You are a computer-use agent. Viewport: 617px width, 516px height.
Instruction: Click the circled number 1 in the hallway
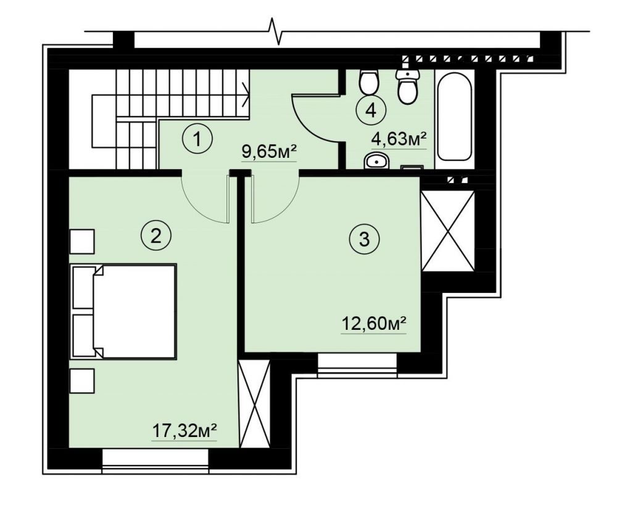[x=197, y=139]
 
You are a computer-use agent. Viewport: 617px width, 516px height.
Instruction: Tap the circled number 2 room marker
[x=156, y=236]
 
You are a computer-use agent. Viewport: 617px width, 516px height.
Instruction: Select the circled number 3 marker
[x=365, y=239]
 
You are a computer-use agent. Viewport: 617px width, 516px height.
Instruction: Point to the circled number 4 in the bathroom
[x=371, y=111]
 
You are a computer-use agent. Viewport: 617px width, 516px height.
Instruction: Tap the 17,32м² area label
[x=184, y=431]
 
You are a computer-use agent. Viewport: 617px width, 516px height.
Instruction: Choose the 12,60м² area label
[x=373, y=324]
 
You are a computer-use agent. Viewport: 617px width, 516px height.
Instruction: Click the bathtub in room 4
[x=455, y=116]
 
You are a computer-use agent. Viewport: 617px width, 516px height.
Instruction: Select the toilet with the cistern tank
[x=407, y=86]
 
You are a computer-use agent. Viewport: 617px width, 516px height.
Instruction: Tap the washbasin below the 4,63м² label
[x=376, y=160]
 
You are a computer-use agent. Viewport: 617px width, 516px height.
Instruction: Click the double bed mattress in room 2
[x=134, y=311]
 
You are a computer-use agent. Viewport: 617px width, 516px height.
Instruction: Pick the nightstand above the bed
[x=82, y=242]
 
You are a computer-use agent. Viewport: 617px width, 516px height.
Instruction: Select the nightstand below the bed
[x=82, y=381]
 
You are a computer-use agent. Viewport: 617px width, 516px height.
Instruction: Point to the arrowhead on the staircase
[x=245, y=94]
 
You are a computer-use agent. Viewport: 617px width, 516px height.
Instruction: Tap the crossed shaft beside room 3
[x=448, y=231]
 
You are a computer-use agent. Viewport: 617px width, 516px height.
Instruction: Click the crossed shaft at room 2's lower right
[x=255, y=404]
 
